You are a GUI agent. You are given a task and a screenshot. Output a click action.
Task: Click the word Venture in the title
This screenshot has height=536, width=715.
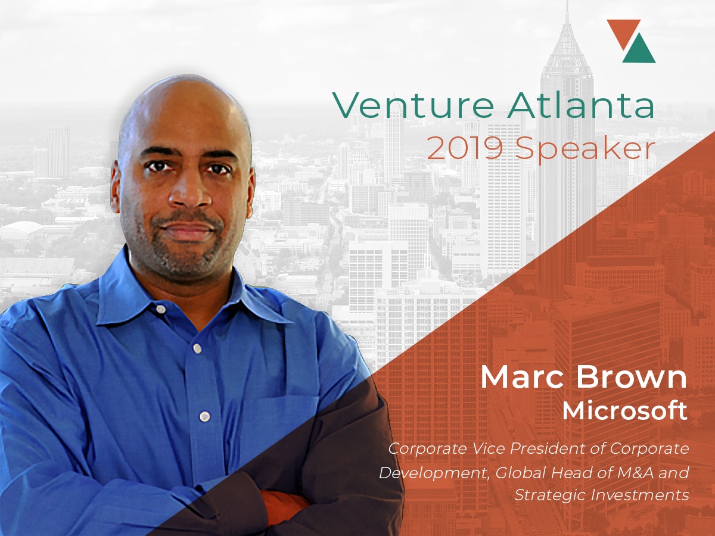click(413, 105)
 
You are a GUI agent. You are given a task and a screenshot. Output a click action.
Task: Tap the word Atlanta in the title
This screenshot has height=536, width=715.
click(581, 105)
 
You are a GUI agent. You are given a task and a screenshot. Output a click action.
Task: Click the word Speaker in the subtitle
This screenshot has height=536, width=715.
click(585, 150)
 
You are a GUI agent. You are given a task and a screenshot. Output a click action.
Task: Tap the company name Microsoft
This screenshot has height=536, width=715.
click(625, 411)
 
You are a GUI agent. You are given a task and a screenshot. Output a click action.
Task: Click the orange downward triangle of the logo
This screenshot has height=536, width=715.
click(623, 31)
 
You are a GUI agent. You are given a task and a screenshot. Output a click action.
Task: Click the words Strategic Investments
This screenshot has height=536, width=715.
click(602, 495)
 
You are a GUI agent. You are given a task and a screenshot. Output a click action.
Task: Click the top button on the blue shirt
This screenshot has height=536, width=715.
click(160, 309)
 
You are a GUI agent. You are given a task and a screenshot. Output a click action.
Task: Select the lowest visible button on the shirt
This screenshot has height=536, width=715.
click(204, 416)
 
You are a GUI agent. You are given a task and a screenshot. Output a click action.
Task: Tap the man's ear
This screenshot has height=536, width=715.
click(116, 185)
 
